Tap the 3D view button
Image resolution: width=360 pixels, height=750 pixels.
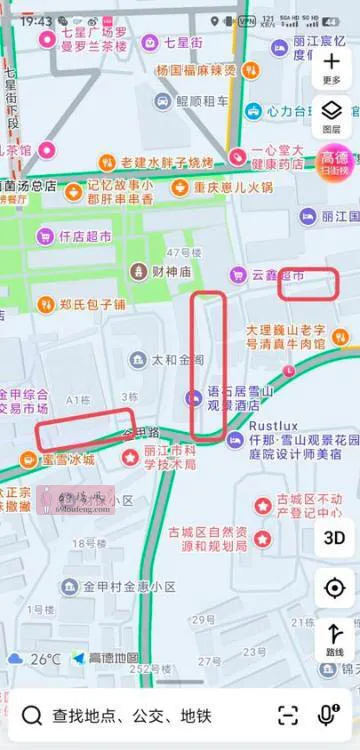click(x=333, y=537)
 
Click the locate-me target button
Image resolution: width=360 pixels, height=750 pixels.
click(x=333, y=589)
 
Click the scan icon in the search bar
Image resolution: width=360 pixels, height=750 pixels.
click(x=288, y=715)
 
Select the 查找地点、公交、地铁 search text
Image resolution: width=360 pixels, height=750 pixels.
click(x=131, y=716)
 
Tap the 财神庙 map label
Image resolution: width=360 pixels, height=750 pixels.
click(x=164, y=271)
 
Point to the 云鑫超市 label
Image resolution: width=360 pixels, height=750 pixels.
click(x=277, y=274)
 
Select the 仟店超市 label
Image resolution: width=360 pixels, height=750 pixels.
click(x=84, y=237)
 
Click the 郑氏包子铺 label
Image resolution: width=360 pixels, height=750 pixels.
click(x=91, y=303)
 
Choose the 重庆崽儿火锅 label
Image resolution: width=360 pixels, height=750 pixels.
click(x=232, y=187)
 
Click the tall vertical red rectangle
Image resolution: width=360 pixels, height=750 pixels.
click(x=208, y=366)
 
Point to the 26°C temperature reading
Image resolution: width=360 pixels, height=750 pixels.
click(x=45, y=659)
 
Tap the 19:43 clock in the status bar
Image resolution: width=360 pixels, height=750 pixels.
click(x=35, y=20)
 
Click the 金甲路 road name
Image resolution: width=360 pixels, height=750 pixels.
click(x=140, y=432)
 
